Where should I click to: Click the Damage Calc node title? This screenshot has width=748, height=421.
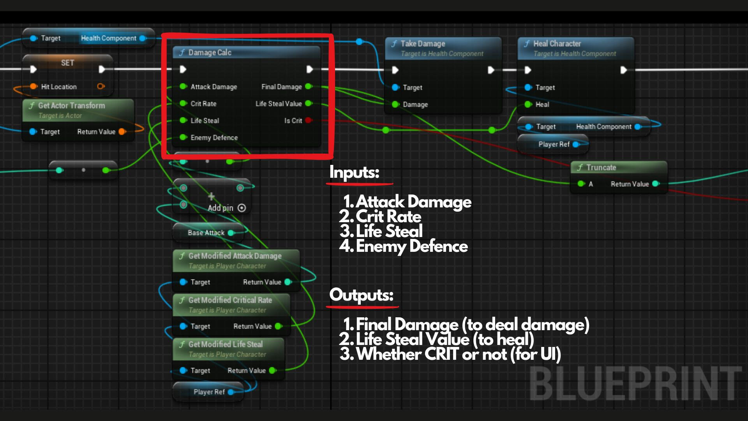[x=210, y=53]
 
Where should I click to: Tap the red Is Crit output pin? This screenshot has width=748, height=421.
[x=309, y=120]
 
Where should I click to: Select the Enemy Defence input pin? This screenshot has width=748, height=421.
[x=183, y=137]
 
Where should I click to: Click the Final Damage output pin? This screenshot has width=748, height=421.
[x=309, y=87]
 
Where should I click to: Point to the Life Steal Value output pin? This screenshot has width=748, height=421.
[x=309, y=104]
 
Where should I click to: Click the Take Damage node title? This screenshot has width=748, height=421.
[x=423, y=44]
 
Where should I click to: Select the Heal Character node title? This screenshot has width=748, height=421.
[x=557, y=44]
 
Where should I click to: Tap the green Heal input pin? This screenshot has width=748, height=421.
[x=528, y=104]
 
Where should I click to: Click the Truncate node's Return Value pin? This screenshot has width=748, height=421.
[x=656, y=184]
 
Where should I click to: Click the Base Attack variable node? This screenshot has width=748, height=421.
[x=206, y=233]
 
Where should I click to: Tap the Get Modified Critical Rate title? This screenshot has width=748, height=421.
[x=230, y=300]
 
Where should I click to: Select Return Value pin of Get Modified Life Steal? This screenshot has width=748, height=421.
[x=273, y=370]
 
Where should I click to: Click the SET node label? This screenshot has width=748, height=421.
[x=67, y=63]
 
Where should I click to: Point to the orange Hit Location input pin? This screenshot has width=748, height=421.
[x=34, y=87]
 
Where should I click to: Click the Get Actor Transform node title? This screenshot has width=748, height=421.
[x=71, y=106]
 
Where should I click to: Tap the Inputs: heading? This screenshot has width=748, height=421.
[x=354, y=172]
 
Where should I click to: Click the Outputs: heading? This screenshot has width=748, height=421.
[x=361, y=295]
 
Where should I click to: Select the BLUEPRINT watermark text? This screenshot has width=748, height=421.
[x=635, y=384]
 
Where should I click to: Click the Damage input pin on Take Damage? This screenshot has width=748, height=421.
[x=395, y=104]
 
